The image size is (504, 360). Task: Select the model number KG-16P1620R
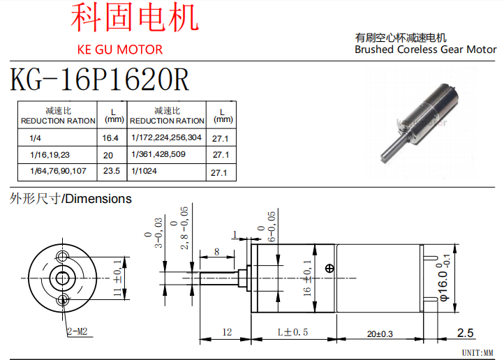(x=99, y=81)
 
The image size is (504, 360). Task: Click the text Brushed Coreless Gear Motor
(x=425, y=50)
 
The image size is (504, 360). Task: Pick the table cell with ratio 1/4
(x=36, y=138)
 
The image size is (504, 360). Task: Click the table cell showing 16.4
(x=110, y=138)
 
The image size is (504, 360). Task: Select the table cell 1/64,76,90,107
(x=58, y=170)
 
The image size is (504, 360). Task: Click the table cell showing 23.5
(x=111, y=170)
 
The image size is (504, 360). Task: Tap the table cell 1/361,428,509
(x=158, y=153)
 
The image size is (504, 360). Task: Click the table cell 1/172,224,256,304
(x=166, y=137)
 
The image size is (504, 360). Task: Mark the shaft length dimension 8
(x=217, y=251)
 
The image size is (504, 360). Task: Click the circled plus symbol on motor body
(x=329, y=269)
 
